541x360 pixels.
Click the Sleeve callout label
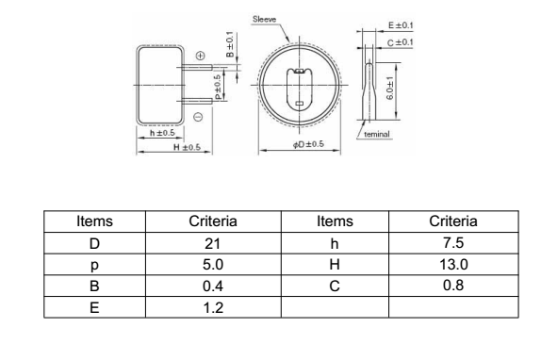pos(264,19)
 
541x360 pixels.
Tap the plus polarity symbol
pos(200,56)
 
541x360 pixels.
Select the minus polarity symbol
pos(198,117)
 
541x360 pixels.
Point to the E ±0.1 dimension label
pos(401,25)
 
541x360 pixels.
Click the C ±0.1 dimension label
pos(400,42)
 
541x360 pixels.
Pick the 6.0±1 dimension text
pos(389,89)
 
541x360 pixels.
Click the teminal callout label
pos(377,134)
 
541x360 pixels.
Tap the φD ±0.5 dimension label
pos(308,144)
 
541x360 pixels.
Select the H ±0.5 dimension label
pos(187,147)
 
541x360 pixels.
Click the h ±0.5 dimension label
pos(162,133)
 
